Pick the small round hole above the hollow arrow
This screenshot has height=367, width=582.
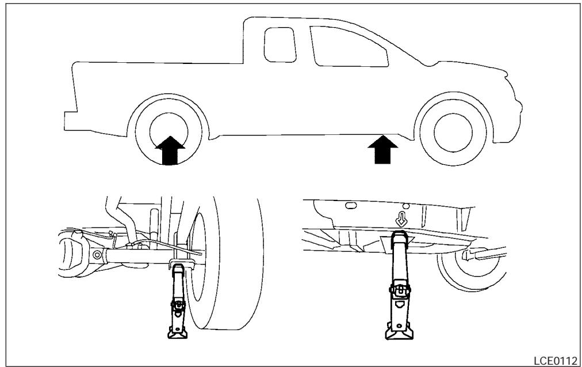(405, 205)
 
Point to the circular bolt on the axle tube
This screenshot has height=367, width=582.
(97, 254)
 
